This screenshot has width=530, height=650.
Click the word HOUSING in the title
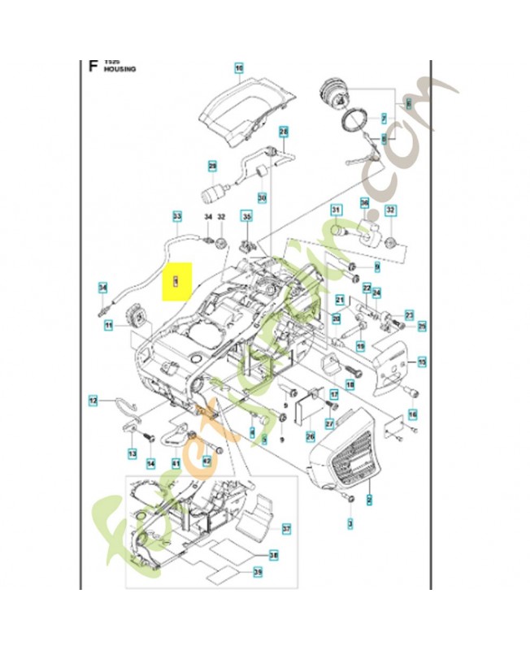[x=119, y=71]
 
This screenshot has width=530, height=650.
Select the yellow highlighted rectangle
[x=176, y=281]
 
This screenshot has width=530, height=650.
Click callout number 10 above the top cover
[x=239, y=69]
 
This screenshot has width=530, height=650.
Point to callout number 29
[x=213, y=167]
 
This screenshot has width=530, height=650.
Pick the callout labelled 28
[x=284, y=131]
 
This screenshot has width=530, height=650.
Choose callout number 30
[x=262, y=197]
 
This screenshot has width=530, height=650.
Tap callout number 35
[x=247, y=217]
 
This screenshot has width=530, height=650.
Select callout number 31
[x=335, y=210]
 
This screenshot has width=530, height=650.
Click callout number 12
[x=93, y=399]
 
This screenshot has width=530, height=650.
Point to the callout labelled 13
[x=132, y=452]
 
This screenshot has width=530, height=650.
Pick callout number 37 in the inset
[x=286, y=529]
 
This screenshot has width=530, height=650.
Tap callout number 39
[x=258, y=574]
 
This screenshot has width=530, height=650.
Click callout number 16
[x=413, y=414]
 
